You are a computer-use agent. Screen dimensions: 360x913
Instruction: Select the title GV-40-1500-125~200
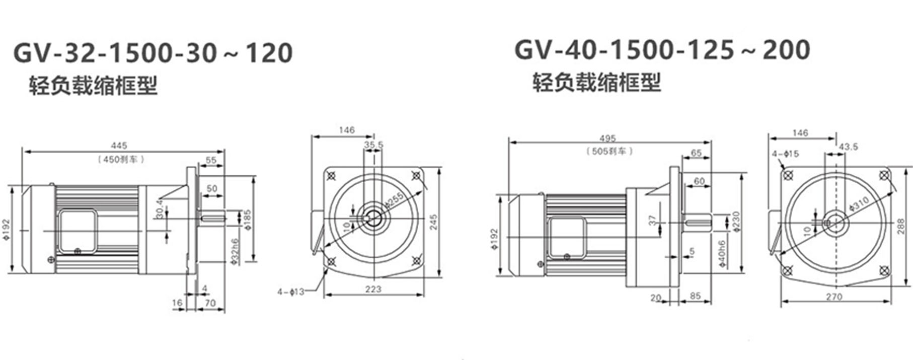tap(662, 50)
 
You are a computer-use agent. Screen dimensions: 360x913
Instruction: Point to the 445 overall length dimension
tap(119, 146)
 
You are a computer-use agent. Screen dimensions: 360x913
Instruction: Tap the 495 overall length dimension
tap(607, 138)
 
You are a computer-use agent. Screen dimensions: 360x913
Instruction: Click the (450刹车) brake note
tap(121, 159)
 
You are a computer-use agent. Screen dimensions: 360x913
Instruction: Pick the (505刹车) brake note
tap(609, 151)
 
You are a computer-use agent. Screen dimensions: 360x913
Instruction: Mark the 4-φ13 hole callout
tap(291, 292)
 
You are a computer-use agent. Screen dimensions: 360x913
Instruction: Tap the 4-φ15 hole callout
tap(785, 154)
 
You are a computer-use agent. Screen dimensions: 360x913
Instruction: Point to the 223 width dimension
tap(373, 289)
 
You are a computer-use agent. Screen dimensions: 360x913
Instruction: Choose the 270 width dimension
tap(833, 297)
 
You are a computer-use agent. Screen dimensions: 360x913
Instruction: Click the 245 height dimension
tap(434, 222)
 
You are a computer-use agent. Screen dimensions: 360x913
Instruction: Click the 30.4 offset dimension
tap(160, 208)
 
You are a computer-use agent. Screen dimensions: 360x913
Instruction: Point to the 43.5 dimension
tap(849, 147)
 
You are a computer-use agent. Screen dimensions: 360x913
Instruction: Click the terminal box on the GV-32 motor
tap(78, 231)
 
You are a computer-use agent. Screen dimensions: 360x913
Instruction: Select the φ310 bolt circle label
tap(859, 202)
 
